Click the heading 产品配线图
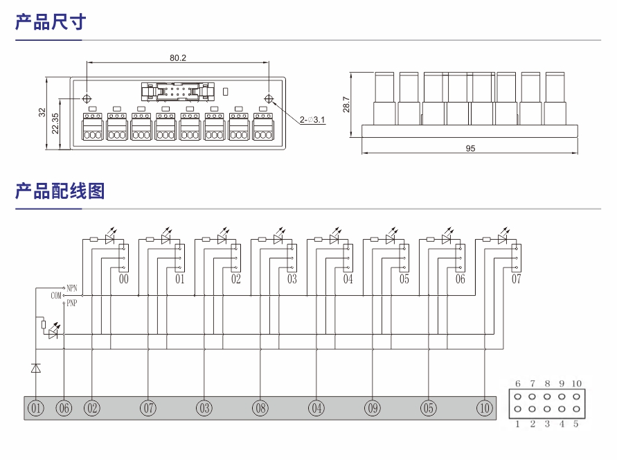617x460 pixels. tap(60, 191)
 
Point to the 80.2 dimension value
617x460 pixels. tap(178, 57)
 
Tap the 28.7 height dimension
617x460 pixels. tap(346, 105)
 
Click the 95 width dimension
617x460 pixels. tap(470, 148)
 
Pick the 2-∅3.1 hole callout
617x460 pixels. tap(313, 121)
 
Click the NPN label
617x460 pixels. tap(73, 287)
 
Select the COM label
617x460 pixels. tap(56, 295)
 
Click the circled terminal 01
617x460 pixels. tap(35, 409)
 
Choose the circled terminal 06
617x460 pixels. tap(64, 409)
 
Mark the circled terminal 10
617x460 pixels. tap(485, 409)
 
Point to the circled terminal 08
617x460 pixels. tap(260, 409)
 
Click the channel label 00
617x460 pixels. tap(124, 279)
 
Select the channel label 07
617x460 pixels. tap(516, 279)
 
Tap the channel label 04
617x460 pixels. tap(348, 279)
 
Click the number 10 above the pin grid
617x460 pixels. tap(576, 384)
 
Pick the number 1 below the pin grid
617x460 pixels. tap(518, 423)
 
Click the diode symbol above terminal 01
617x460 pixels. tap(35, 369)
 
